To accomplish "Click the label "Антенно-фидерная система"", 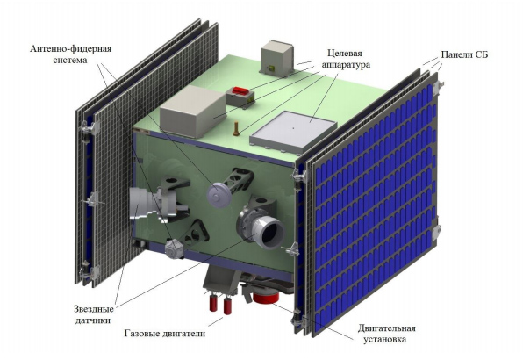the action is click(71, 54).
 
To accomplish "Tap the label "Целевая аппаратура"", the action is click(346, 59).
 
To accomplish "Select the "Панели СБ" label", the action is click(464, 54).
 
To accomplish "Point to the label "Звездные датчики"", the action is click(94, 314).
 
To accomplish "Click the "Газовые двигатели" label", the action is click(165, 334).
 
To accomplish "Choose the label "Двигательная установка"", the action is click(387, 334).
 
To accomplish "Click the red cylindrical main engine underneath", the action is click(266, 297).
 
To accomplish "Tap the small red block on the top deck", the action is click(241, 90).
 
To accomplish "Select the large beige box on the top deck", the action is click(193, 111).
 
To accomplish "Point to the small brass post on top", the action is click(236, 129).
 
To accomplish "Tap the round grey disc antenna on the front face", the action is click(219, 195).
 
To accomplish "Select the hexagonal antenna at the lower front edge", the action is click(174, 248).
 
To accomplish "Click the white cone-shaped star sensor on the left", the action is click(143, 204).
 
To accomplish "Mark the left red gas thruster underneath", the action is click(213, 303).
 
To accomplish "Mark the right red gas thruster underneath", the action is click(227, 306).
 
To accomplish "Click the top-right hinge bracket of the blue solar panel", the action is click(437, 87).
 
